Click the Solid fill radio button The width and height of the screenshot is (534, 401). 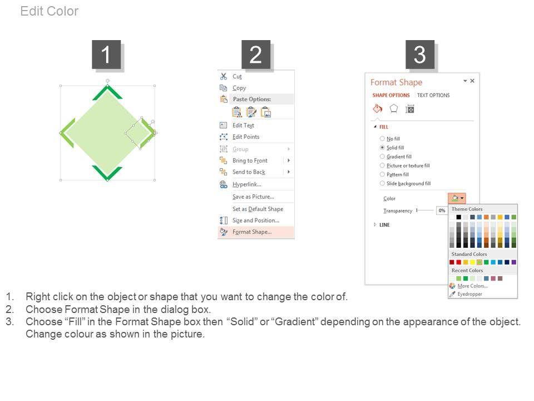(x=382, y=148)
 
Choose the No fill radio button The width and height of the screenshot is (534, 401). (x=382, y=139)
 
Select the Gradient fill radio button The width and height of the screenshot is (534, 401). (x=382, y=157)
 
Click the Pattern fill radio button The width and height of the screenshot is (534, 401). (x=382, y=174)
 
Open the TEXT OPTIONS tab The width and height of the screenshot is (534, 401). (x=433, y=95)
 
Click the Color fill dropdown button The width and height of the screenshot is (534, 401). (x=457, y=198)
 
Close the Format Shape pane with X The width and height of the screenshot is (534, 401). (x=472, y=81)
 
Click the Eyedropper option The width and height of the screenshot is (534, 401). (x=469, y=294)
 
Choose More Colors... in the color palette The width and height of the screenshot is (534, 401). (x=472, y=286)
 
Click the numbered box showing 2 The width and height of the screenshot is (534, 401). (x=256, y=55)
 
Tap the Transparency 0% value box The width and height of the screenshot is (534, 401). (x=442, y=211)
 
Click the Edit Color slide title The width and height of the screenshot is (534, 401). (x=50, y=11)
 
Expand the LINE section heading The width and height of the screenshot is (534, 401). (x=384, y=224)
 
